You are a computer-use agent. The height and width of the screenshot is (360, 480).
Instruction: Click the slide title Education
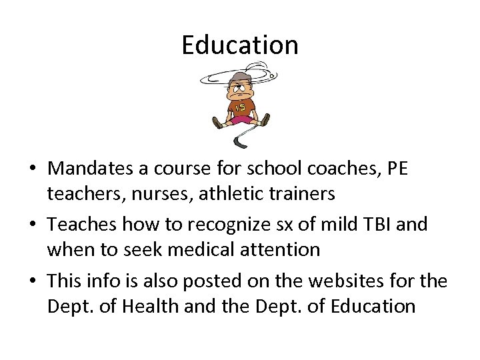[x=240, y=45]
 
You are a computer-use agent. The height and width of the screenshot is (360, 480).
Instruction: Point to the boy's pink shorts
[x=241, y=120]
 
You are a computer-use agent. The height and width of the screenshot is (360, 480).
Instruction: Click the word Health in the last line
[x=156, y=306]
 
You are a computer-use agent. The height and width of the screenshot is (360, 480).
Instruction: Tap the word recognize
[x=218, y=225]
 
